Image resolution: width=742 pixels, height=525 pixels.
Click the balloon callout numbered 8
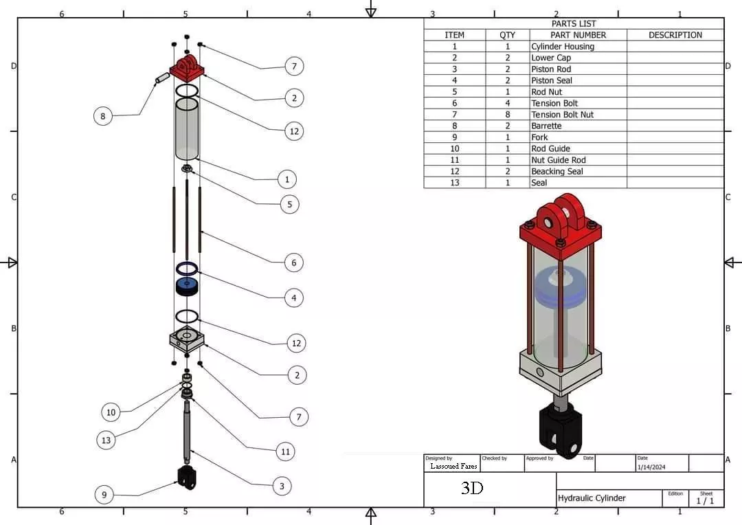pyautogui.click(x=103, y=116)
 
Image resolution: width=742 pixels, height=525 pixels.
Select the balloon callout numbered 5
pyautogui.click(x=290, y=204)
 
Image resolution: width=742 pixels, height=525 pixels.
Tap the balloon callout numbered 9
pyautogui.click(x=104, y=494)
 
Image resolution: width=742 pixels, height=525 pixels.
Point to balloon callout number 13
pyautogui.click(x=106, y=440)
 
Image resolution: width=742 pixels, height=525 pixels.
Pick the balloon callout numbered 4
pyautogui.click(x=294, y=298)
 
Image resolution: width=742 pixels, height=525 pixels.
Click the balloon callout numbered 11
pyautogui.click(x=285, y=451)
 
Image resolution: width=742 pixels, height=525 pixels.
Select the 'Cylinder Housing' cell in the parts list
pyautogui.click(x=563, y=47)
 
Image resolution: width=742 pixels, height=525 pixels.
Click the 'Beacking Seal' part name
pyautogui.click(x=556, y=171)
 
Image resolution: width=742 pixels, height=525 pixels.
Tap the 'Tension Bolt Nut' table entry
pyautogui.click(x=562, y=115)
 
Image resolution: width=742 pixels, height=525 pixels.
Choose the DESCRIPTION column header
pyautogui.click(x=675, y=35)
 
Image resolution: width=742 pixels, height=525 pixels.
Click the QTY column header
pyautogui.click(x=507, y=35)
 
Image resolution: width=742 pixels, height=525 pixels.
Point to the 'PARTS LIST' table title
pyautogui.click(x=574, y=23)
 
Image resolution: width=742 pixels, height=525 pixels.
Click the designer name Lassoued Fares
pyautogui.click(x=453, y=466)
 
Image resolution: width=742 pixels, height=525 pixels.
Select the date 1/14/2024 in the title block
pyautogui.click(x=651, y=467)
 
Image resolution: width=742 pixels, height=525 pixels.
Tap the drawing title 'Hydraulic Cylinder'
pyautogui.click(x=592, y=498)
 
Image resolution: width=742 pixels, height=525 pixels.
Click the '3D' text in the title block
pyautogui.click(x=472, y=489)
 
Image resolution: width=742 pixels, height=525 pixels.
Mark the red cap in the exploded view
pyautogui.click(x=186, y=68)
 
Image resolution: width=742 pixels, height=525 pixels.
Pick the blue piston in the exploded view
pyautogui.click(x=187, y=285)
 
